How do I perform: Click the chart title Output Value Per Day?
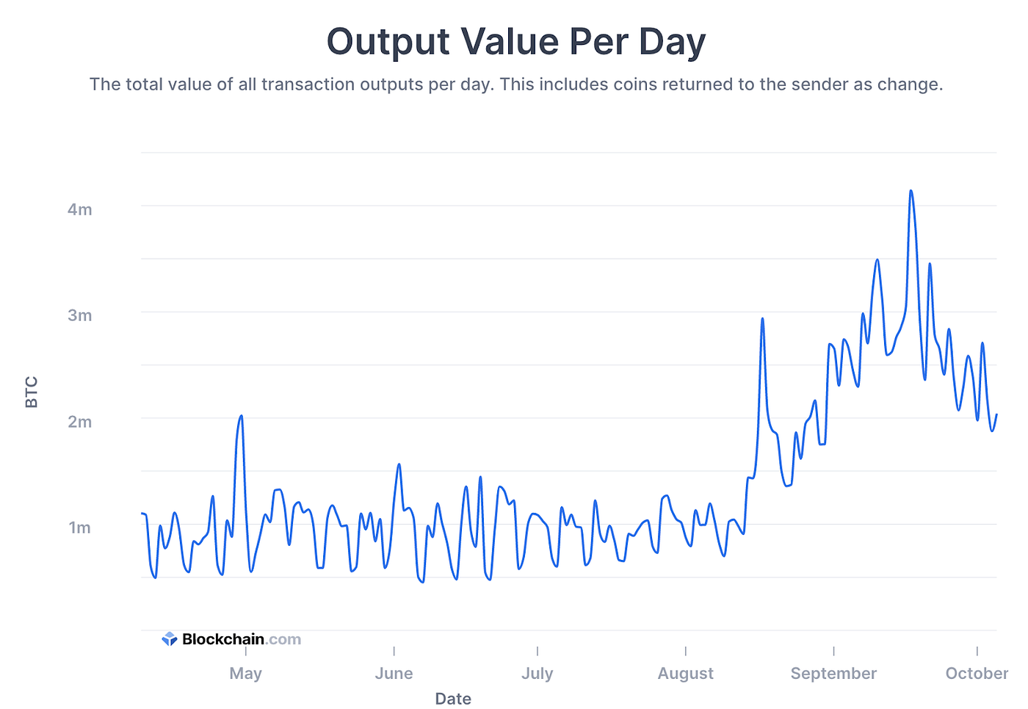pyautogui.click(x=515, y=42)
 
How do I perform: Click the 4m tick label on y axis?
pyautogui.click(x=79, y=209)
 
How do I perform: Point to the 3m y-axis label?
pyautogui.click(x=79, y=315)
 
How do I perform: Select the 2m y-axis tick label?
pyautogui.click(x=79, y=422)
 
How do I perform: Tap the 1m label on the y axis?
pyautogui.click(x=79, y=528)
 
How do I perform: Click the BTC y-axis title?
pyautogui.click(x=32, y=392)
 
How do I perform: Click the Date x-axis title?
pyautogui.click(x=453, y=698)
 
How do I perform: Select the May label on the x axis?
pyautogui.click(x=245, y=673)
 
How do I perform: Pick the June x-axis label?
pyautogui.click(x=394, y=673)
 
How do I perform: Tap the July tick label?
pyautogui.click(x=537, y=673)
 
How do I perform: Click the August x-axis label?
pyautogui.click(x=685, y=673)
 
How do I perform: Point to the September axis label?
pyautogui.click(x=833, y=673)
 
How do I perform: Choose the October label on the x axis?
pyautogui.click(x=976, y=673)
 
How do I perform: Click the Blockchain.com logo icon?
pyautogui.click(x=170, y=639)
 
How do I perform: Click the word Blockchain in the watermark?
pyautogui.click(x=222, y=639)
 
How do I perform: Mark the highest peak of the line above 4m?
pyautogui.click(x=911, y=191)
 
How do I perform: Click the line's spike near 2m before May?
pyautogui.click(x=241, y=416)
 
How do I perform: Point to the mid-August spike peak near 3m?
pyautogui.click(x=762, y=318)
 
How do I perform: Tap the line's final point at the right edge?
pyautogui.click(x=996, y=415)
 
